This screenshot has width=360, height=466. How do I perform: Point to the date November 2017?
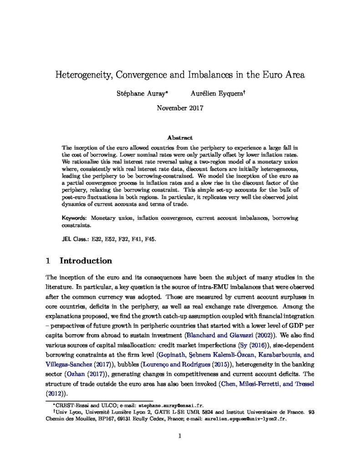180,108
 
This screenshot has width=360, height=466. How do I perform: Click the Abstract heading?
180,137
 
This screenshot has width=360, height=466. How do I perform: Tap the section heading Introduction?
86,261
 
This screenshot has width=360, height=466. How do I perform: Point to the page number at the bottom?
180,436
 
